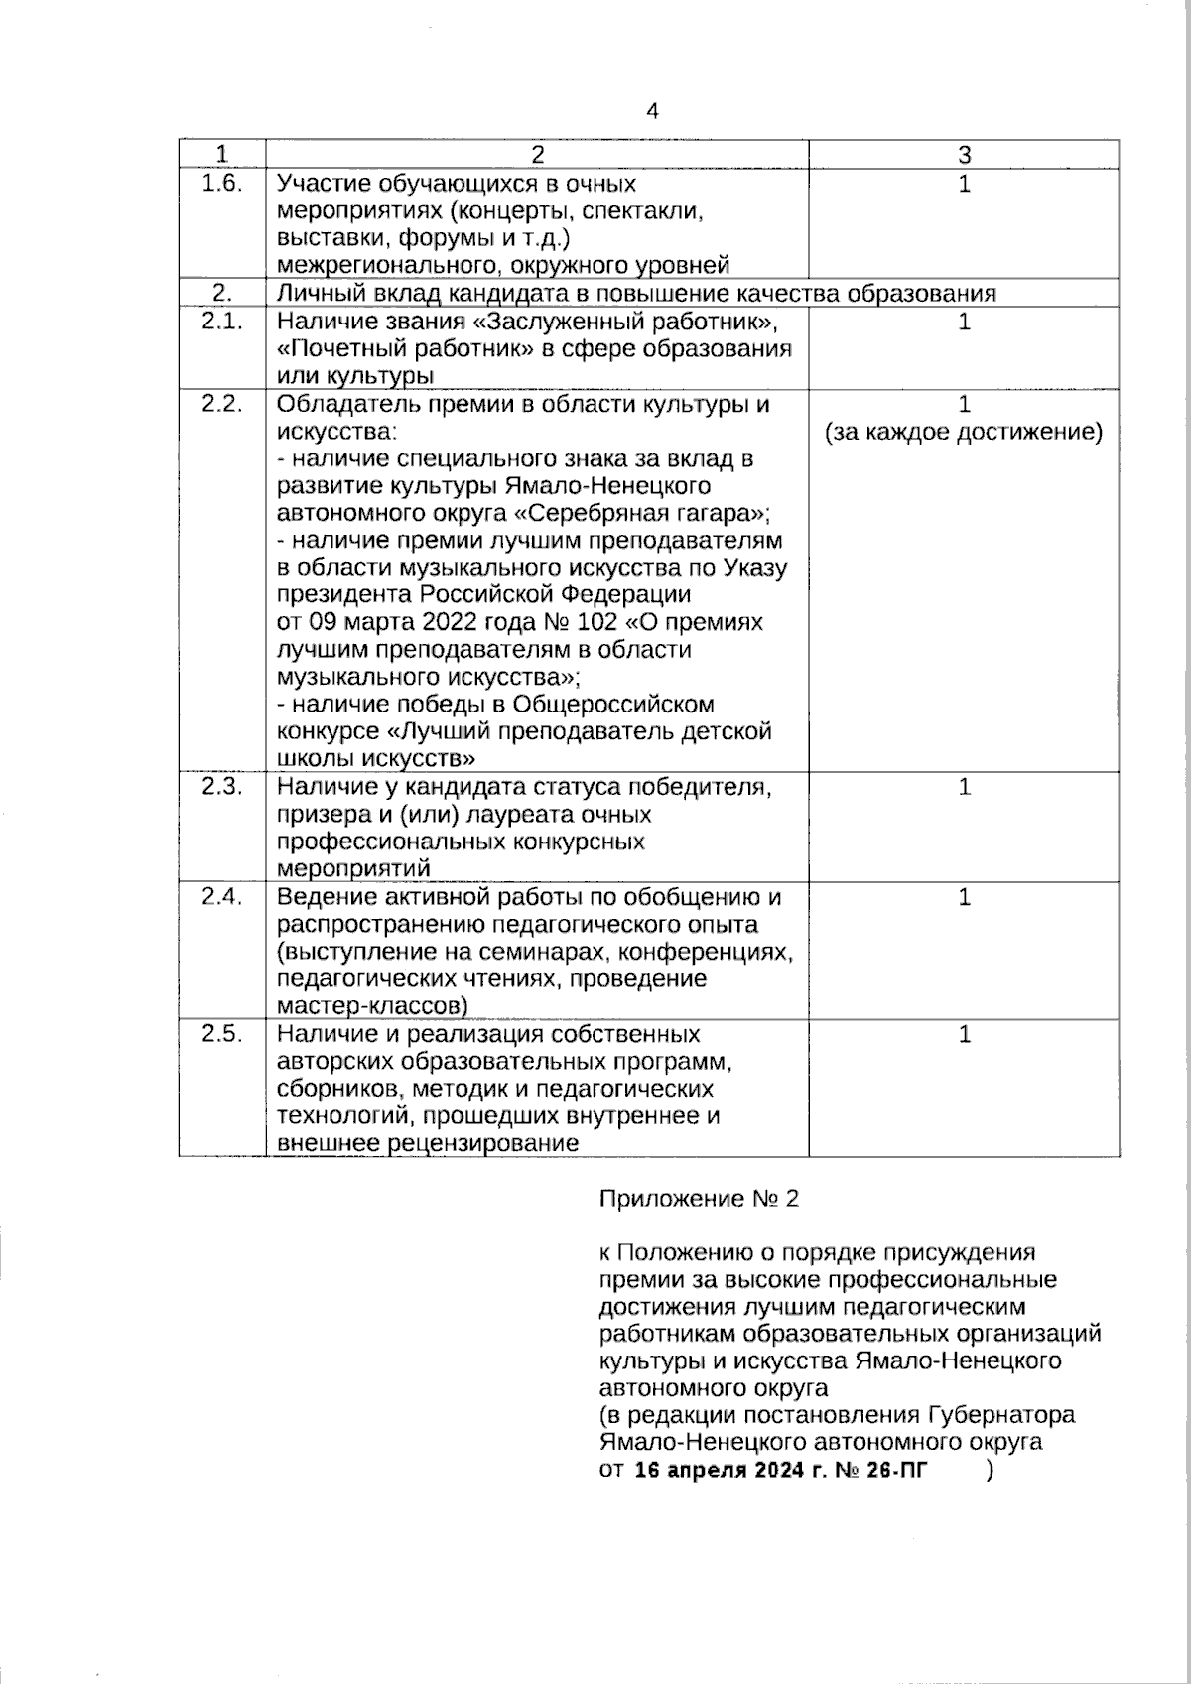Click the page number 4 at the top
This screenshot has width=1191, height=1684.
tap(651, 111)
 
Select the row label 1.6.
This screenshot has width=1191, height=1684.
tap(222, 184)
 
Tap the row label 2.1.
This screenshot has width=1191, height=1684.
tap(222, 321)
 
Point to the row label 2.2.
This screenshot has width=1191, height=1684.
tap(222, 404)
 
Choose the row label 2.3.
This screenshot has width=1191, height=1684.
tap(222, 786)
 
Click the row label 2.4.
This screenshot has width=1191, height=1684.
tap(222, 896)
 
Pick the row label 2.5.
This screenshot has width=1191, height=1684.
tap(222, 1033)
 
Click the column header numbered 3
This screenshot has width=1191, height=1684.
tap(964, 154)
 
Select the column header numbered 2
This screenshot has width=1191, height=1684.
tap(537, 154)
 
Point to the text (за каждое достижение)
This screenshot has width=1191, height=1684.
tap(964, 432)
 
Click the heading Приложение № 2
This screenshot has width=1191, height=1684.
tap(699, 1198)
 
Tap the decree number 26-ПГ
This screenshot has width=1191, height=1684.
tap(896, 1470)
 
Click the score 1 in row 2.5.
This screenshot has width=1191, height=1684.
tap(964, 1034)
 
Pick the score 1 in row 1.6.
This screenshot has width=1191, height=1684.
tap(964, 184)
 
